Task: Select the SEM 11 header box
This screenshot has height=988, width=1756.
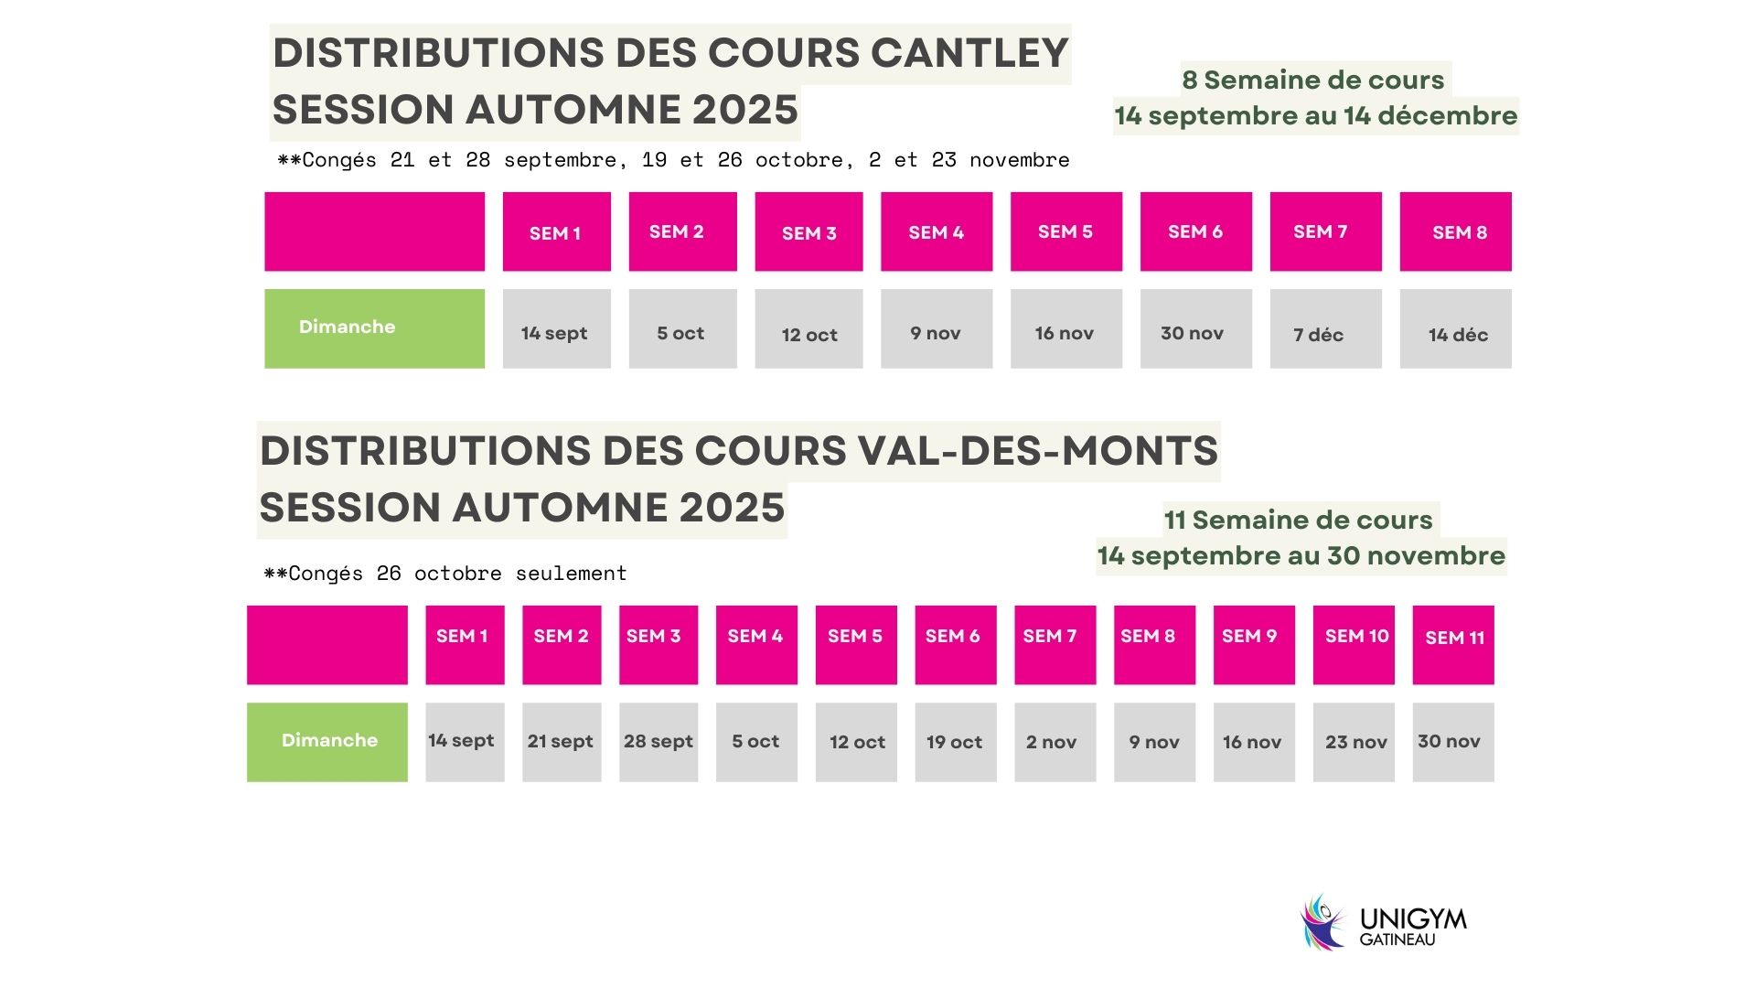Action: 1452,645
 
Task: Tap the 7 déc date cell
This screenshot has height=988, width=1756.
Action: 1325,329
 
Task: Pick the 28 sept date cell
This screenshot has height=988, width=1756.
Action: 658,742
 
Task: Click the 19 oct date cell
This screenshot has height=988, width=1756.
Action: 955,742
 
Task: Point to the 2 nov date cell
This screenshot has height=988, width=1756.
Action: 1055,742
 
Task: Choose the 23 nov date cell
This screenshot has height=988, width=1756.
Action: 1354,742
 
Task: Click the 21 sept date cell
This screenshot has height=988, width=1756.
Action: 562,742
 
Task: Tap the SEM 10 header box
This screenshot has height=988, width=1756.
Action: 1354,645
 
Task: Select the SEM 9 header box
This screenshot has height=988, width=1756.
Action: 1254,645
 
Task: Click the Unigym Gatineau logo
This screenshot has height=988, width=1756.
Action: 1383,922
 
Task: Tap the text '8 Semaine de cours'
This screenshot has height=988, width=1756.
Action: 1312,81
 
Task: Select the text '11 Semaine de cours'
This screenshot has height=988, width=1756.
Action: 1298,521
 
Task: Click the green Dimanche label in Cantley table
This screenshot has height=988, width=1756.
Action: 374,328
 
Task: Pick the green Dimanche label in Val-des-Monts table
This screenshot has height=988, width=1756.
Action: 327,742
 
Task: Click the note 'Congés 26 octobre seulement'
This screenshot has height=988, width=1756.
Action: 445,574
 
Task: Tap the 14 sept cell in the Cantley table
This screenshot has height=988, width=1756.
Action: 556,329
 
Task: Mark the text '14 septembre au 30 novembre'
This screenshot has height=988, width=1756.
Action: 1301,556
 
